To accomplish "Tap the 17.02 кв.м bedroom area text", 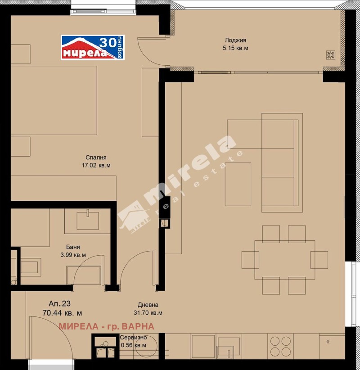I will (96, 165).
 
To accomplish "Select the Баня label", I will (72, 247).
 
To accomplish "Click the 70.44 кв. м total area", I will (62, 312).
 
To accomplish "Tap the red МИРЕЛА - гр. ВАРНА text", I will (106, 326).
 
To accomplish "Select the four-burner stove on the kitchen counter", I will (281, 347).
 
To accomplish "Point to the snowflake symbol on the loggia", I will (330, 55).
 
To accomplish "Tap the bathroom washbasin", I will (88, 221).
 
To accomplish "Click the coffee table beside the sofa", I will (238, 184).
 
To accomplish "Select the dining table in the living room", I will (284, 260).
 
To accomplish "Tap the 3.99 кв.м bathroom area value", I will (72, 255).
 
